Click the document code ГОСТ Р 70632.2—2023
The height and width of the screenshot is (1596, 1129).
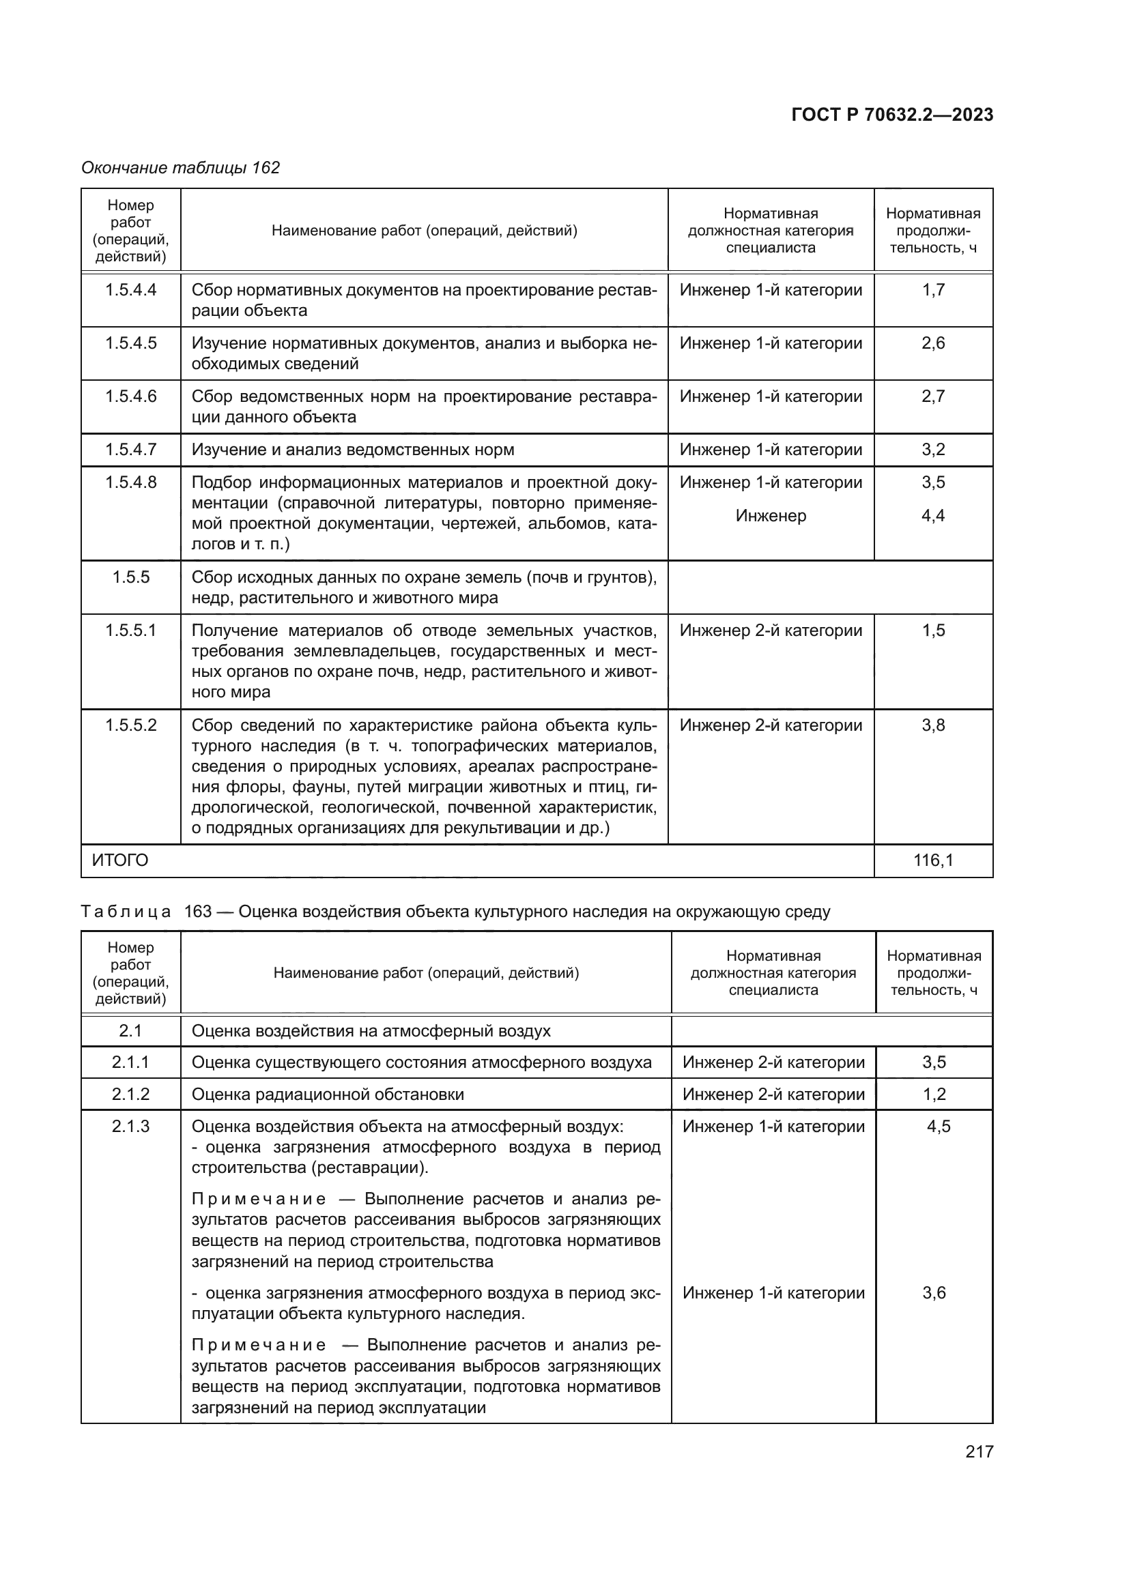[x=892, y=115]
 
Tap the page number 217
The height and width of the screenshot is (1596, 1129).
[x=979, y=1451]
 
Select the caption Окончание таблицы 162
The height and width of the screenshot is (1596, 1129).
[x=181, y=168]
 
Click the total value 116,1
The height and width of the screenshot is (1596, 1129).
[x=933, y=860]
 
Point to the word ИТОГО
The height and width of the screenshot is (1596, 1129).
[x=120, y=860]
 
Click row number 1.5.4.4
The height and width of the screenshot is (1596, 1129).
[x=130, y=290]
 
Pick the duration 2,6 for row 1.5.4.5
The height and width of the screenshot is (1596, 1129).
[x=933, y=343]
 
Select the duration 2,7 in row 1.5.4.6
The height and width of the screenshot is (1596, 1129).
[x=933, y=396]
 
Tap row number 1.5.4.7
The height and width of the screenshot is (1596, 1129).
[x=130, y=450]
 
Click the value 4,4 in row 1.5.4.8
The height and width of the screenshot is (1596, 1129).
[x=933, y=516]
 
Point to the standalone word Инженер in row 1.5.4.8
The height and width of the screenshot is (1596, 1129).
[x=771, y=516]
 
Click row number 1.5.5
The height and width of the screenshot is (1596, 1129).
[x=130, y=578]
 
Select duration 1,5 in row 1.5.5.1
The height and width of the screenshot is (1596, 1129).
[x=933, y=630]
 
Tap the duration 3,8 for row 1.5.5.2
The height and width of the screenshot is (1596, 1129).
[x=933, y=725]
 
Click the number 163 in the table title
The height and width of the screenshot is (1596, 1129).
[x=197, y=912]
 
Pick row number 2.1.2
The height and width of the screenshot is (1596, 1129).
[x=130, y=1094]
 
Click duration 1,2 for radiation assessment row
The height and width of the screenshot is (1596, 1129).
[x=934, y=1094]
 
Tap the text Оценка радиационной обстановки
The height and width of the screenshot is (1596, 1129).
[x=328, y=1094]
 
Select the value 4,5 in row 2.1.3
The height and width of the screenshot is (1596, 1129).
[x=938, y=1126]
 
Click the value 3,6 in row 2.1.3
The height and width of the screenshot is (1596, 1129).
[x=934, y=1293]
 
